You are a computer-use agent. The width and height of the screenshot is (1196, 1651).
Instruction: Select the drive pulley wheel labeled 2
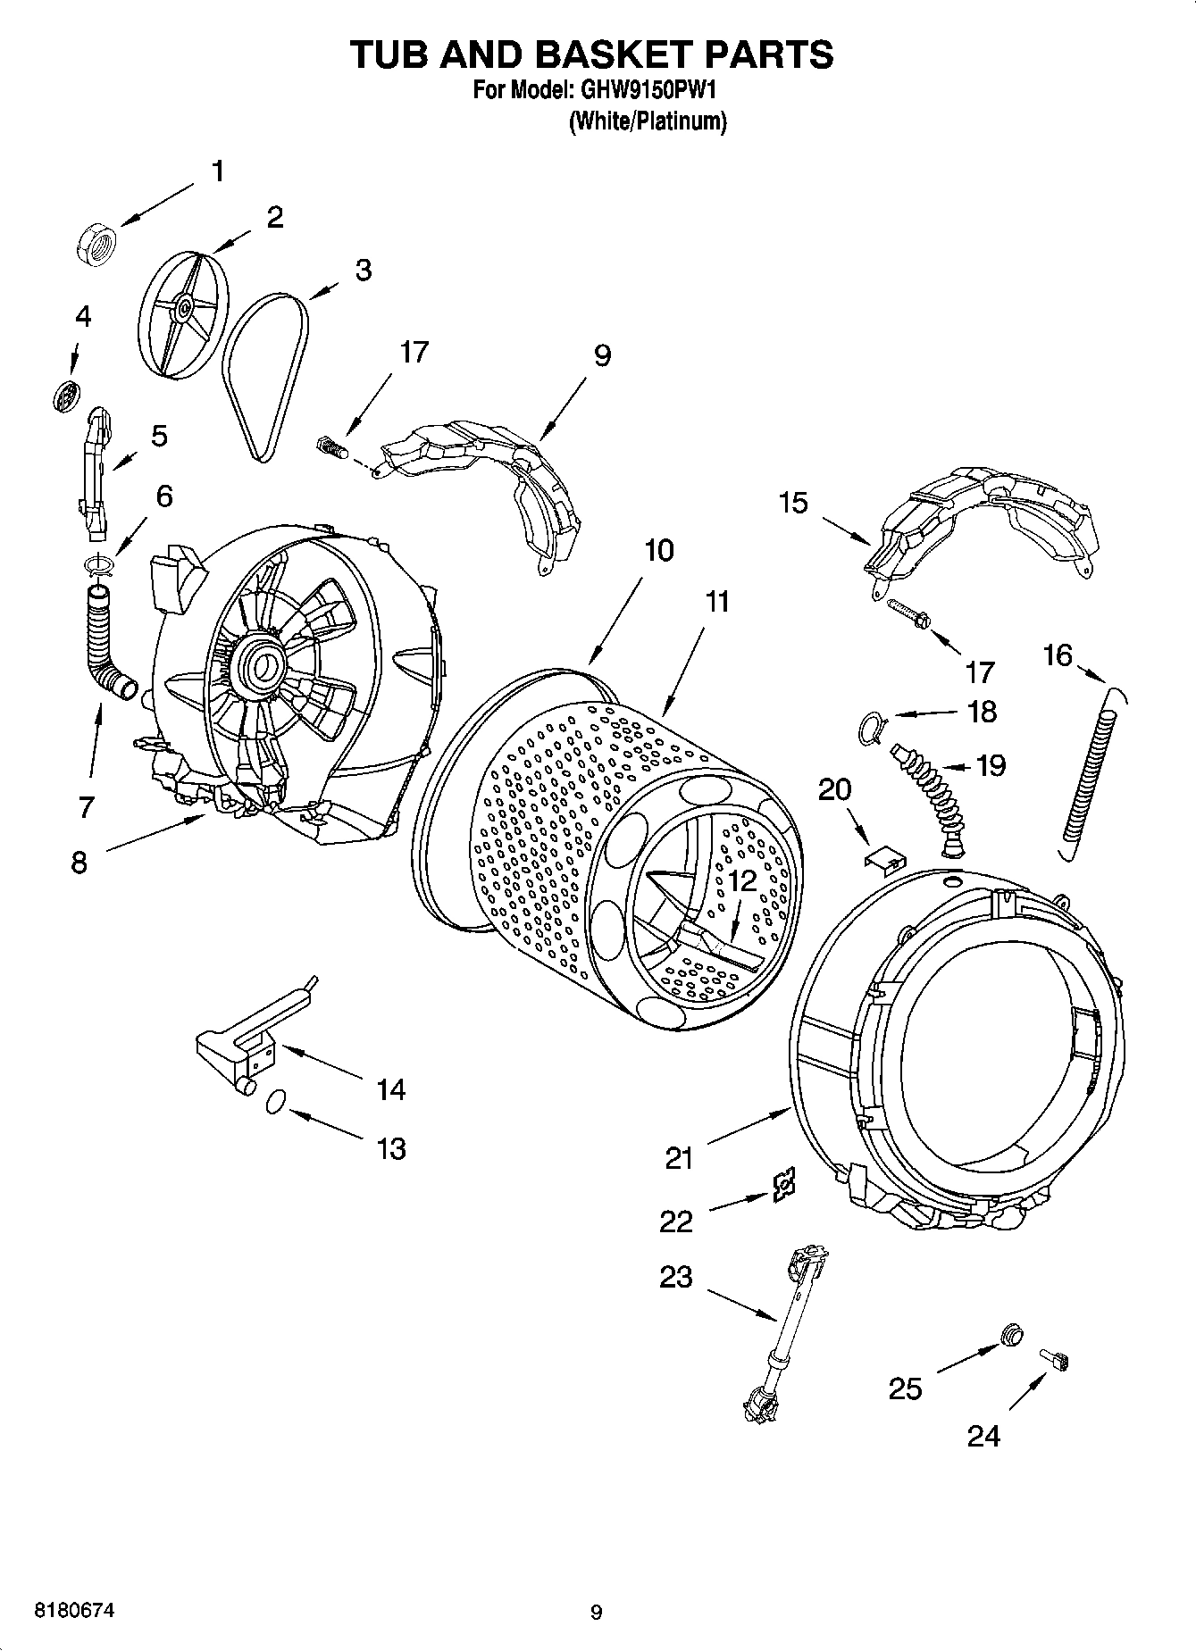click(x=182, y=310)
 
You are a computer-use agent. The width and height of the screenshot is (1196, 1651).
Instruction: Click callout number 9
click(x=602, y=355)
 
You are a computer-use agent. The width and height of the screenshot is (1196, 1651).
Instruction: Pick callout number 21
click(x=679, y=1159)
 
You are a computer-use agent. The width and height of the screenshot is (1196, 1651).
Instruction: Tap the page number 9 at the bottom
click(x=597, y=1612)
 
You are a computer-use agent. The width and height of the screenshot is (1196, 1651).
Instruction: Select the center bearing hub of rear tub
click(x=264, y=665)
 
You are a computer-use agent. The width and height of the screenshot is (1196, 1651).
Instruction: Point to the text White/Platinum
click(x=648, y=121)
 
